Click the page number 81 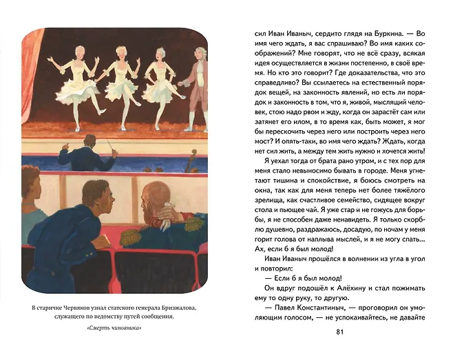point(338,333)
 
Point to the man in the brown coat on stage point(195,86)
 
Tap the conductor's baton point(110,147)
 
